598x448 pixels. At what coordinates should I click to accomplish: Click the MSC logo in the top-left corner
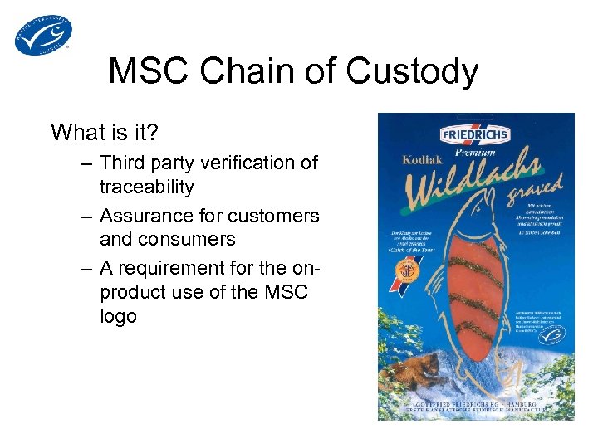coord(43,35)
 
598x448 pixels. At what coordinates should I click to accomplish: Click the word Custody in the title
coord(412,72)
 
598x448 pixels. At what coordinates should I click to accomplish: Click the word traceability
coord(146,187)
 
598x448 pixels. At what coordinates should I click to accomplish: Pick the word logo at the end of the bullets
coord(118,317)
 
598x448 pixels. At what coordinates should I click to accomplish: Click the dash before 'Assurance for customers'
coord(86,216)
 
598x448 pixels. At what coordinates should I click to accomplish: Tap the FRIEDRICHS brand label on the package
coord(475,133)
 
